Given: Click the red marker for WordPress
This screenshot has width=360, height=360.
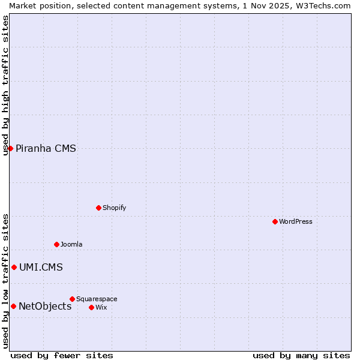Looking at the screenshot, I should [275, 221].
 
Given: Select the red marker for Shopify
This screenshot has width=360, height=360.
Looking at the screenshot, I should [98, 208].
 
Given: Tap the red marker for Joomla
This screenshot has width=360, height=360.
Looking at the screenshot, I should [56, 244].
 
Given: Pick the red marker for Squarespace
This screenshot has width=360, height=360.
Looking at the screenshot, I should [72, 299].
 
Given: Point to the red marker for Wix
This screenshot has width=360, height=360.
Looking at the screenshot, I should [91, 307].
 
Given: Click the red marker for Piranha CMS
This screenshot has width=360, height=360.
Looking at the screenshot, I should [10, 148].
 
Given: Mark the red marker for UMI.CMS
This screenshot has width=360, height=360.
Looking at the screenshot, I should [14, 267].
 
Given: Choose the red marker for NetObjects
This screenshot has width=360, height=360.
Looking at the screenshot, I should [13, 306].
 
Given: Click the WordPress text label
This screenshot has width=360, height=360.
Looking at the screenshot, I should [296, 221].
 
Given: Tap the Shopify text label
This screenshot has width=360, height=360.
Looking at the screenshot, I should [114, 208].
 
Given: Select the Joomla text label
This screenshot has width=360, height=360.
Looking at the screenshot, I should [71, 244].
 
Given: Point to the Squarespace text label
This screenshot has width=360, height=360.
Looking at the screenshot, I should [97, 299].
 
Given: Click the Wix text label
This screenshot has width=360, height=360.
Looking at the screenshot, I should [101, 307].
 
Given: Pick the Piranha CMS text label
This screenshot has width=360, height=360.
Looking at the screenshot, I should [46, 149].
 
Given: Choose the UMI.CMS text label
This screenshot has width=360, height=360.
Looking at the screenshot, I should [41, 268].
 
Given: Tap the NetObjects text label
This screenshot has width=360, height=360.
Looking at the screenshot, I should [45, 307].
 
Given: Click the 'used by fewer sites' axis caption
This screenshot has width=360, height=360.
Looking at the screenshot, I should [62, 355].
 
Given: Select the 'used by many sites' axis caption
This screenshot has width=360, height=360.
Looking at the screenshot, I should [301, 355].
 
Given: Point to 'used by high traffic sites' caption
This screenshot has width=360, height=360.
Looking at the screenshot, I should [5, 85].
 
